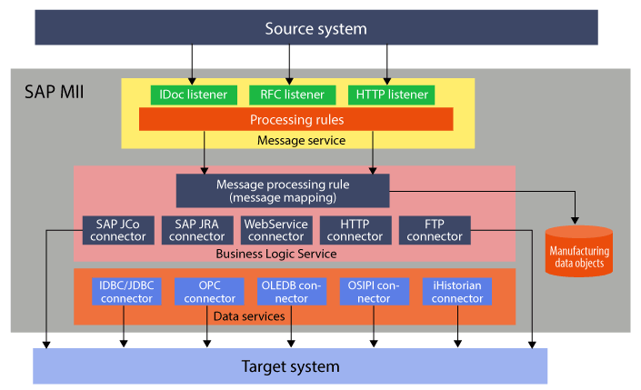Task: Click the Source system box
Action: pyautogui.click(x=315, y=27)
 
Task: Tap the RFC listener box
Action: pyautogui.click(x=290, y=95)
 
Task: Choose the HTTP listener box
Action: pyautogui.click(x=389, y=95)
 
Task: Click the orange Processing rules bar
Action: pyautogui.click(x=295, y=119)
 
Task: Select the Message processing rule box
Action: pyautogui.click(x=282, y=190)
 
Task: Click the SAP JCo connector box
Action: pyautogui.click(x=114, y=230)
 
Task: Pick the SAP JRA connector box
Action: pyautogui.click(x=196, y=230)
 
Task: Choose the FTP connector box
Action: pyautogui.click(x=435, y=230)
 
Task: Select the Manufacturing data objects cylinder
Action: pyautogui.click(x=578, y=251)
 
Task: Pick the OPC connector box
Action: pyautogui.click(x=209, y=291)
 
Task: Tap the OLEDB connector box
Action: pyautogui.click(x=292, y=291)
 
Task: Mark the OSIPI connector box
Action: pyautogui.click(x=375, y=291)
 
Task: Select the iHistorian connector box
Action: pyautogui.click(x=457, y=291)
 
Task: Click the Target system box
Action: pyautogui.click(x=290, y=366)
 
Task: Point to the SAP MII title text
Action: pyautogui.click(x=54, y=91)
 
